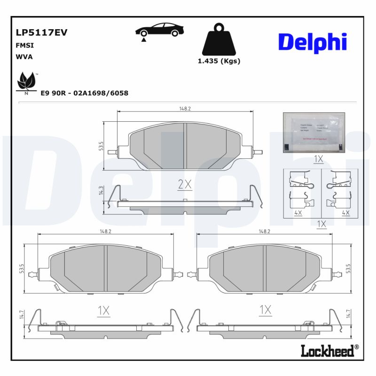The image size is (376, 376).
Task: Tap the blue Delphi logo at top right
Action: coord(313,42)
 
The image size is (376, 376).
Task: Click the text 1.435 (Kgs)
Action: coord(219,61)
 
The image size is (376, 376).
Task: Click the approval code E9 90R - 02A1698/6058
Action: coord(84,93)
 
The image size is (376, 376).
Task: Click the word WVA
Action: coord(24,56)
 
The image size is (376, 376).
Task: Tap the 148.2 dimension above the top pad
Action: coord(185,109)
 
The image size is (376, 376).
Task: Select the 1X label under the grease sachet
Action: coord(318,159)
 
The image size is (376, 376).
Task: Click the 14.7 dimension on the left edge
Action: coord(22,314)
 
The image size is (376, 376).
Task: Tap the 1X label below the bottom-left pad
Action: coord(103,310)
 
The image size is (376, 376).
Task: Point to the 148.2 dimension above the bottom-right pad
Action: coord(264,231)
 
